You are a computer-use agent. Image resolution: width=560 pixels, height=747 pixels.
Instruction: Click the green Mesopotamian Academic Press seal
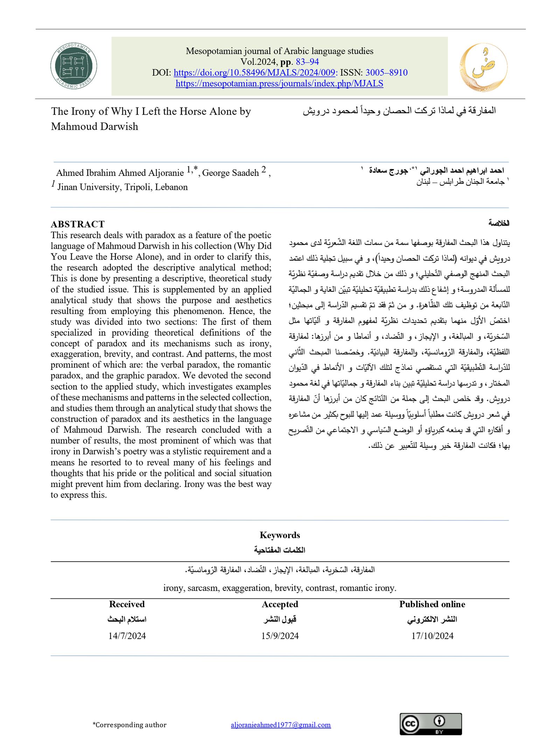[x=73, y=66]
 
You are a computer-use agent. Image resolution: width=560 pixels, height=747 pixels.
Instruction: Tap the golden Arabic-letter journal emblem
[x=483, y=67]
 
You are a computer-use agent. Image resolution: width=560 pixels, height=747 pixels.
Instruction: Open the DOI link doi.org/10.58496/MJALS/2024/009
[x=255, y=73]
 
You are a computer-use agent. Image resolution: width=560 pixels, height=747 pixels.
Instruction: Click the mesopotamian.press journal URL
[x=279, y=83]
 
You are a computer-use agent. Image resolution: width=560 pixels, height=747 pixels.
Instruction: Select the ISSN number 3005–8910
[x=386, y=73]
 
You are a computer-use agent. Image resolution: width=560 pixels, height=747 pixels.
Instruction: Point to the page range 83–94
[x=307, y=62]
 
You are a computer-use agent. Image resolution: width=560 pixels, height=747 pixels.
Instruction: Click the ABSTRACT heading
[x=78, y=224]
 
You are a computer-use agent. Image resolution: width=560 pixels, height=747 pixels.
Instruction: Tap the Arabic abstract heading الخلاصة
[x=499, y=223]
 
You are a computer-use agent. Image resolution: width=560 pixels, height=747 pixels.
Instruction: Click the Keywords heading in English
[x=280, y=535]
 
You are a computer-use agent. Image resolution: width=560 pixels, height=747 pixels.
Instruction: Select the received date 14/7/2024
[x=127, y=636]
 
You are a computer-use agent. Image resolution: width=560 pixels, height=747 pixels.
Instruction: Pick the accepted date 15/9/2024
[x=280, y=636]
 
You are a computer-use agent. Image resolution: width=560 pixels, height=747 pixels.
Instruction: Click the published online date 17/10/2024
[x=432, y=636]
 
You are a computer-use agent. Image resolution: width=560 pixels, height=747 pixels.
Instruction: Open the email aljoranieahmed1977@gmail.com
[x=281, y=725]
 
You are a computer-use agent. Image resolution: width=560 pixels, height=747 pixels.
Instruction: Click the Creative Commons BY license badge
[x=430, y=724]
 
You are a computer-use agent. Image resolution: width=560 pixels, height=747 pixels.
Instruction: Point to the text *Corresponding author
[x=129, y=725]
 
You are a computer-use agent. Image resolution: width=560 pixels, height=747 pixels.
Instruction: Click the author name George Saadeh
[x=230, y=173]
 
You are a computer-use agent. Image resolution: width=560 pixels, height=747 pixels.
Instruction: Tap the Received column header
[x=127, y=604]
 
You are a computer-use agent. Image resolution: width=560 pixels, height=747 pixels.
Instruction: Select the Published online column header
[x=432, y=604]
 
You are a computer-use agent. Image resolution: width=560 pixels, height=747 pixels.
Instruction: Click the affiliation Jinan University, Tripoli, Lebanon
[x=122, y=187]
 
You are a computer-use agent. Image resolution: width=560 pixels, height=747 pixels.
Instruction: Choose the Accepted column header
[x=280, y=604]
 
